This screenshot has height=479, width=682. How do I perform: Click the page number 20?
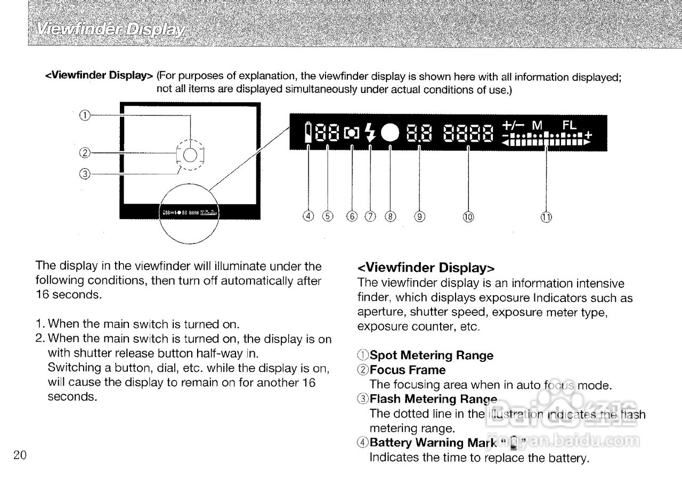click(21, 455)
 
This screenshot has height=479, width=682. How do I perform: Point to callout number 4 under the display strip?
click(308, 216)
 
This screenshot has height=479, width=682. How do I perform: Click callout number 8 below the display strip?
click(391, 216)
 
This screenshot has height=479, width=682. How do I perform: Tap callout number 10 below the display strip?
click(468, 216)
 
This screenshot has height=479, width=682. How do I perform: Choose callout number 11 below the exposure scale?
click(547, 216)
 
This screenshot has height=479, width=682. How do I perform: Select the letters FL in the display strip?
click(570, 125)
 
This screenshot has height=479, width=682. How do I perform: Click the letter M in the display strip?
click(537, 125)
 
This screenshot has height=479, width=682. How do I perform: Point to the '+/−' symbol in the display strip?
click(513, 125)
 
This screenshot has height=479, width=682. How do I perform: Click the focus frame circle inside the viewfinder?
click(190, 155)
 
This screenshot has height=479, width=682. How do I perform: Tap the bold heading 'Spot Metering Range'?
click(432, 355)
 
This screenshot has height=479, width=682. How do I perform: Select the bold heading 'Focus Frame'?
click(408, 370)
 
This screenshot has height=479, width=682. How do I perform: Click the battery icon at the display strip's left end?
click(308, 133)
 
